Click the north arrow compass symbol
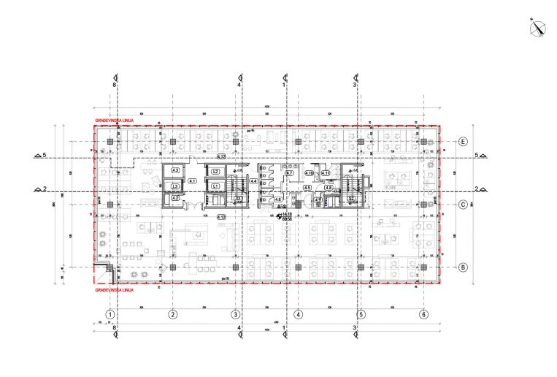tap(538, 28)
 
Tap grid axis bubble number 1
tap(110, 314)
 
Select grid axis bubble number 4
tap(298, 314)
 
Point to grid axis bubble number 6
tap(423, 314)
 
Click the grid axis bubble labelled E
tap(462, 142)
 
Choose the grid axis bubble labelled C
tap(462, 205)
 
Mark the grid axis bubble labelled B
tap(462, 267)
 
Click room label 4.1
tap(193, 180)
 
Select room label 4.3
tap(175, 170)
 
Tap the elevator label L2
tap(215, 172)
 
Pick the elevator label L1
tap(215, 186)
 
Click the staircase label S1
tap(238, 198)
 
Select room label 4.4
tap(253, 180)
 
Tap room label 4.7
tap(279, 173)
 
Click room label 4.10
tap(310, 173)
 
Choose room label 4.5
tap(307, 188)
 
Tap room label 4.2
tap(175, 197)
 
